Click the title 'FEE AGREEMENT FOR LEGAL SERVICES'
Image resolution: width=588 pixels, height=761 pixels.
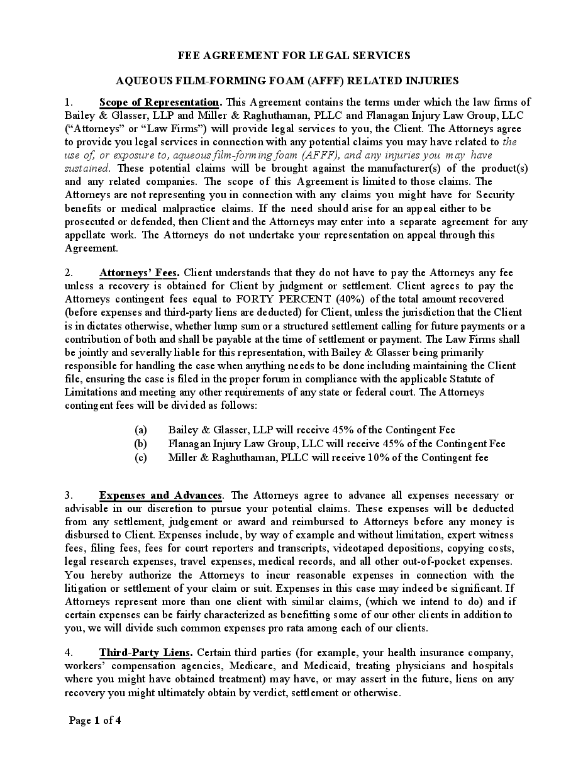point(294,55)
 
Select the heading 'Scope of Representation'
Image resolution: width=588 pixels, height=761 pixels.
point(159,102)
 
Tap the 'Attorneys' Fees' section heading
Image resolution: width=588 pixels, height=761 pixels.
point(139,272)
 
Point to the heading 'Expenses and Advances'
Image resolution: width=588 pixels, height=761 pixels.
point(160,495)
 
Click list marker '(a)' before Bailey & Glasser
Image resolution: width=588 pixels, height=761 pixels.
point(141,430)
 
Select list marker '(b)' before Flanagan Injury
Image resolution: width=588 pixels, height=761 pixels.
point(141,443)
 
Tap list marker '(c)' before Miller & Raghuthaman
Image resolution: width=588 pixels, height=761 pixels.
point(141,457)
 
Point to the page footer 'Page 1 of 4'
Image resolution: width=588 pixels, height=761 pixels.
point(95,721)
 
